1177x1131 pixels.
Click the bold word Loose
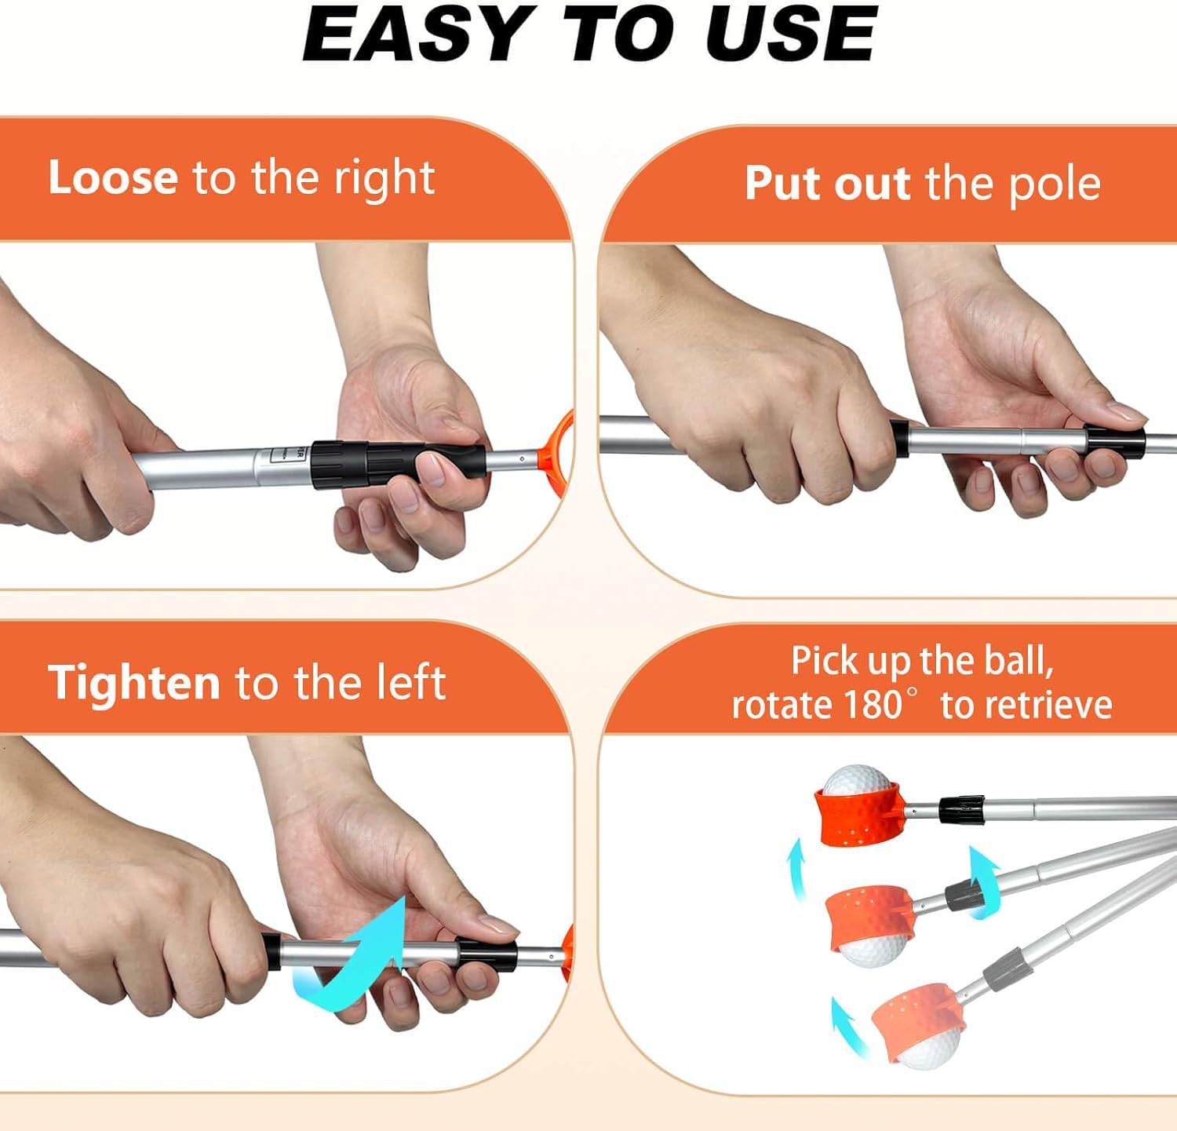[113, 177]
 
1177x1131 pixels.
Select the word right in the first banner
[384, 179]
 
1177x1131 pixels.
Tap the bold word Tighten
[133, 682]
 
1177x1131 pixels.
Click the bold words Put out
[827, 184]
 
